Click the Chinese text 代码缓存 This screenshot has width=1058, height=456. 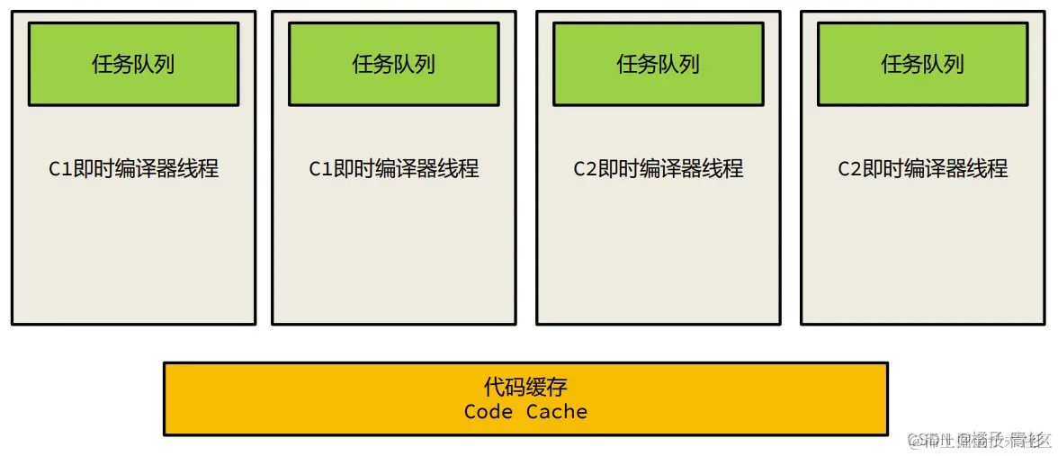[525, 388]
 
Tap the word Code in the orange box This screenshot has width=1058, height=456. [489, 412]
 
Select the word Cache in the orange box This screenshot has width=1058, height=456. [557, 412]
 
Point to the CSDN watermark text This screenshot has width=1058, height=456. [979, 439]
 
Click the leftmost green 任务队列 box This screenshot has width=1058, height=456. [133, 64]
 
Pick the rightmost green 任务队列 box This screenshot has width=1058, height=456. [922, 64]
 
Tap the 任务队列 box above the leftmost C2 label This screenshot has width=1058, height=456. [658, 64]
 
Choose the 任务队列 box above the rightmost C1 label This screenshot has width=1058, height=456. [393, 64]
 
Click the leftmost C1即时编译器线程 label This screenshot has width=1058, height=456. [133, 168]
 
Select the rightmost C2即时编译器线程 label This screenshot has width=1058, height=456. [922, 168]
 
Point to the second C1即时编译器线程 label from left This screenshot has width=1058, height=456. [393, 168]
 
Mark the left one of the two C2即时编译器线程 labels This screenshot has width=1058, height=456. [658, 168]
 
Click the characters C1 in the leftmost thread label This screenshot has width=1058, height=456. [59, 169]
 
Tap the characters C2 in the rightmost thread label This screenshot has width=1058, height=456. [849, 169]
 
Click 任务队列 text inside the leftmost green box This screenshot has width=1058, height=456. [133, 64]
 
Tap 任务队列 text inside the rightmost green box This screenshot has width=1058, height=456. [922, 64]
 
